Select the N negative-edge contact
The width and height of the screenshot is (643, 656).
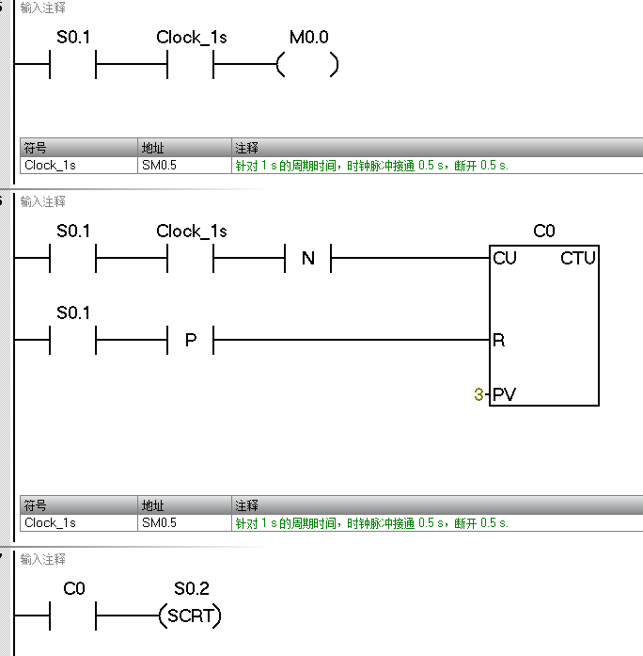[308, 258]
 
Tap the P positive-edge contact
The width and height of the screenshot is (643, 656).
[191, 339]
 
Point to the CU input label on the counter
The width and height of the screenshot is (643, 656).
[505, 258]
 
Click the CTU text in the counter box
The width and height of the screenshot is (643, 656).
[578, 258]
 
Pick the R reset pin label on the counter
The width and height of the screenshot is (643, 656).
[498, 340]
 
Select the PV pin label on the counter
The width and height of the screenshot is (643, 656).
[505, 394]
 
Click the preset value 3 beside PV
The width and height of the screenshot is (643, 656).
[478, 394]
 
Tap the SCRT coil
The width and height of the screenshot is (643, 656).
[191, 617]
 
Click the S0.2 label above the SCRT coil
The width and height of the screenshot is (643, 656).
[191, 589]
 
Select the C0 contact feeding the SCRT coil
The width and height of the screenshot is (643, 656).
[73, 617]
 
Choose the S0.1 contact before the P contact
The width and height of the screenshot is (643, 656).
[73, 339]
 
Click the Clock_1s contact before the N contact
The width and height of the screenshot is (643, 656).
[191, 258]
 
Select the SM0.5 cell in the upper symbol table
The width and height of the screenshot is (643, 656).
[159, 165]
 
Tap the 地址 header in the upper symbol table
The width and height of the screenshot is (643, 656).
[152, 149]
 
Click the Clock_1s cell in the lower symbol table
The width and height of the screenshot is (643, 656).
[50, 522]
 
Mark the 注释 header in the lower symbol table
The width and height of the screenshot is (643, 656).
[246, 506]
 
